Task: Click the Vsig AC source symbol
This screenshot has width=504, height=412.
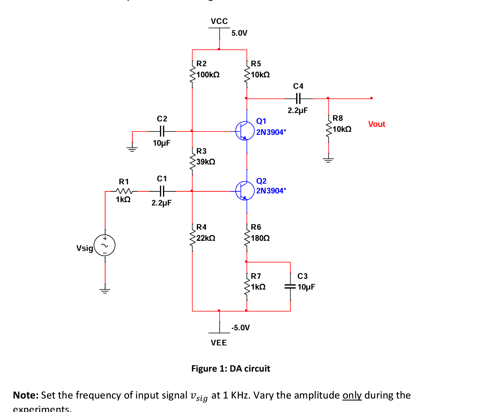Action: [x=105, y=246]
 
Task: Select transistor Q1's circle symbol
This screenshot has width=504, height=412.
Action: [x=245, y=131]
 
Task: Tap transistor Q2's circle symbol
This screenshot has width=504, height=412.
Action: [x=245, y=191]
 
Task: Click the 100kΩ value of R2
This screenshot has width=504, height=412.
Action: [x=208, y=75]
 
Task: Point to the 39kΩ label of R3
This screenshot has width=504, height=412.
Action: [x=206, y=162]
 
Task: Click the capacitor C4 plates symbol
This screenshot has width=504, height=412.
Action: [x=298, y=99]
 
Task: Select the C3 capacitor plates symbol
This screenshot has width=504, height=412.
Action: [x=290, y=287]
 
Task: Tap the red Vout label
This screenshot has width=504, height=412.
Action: [x=376, y=124]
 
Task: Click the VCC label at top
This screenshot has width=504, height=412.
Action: [x=219, y=21]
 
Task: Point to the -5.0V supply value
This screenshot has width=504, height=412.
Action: [x=241, y=328]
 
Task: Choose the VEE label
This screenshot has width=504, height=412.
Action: [x=219, y=343]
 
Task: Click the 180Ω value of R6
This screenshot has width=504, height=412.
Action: [x=260, y=238]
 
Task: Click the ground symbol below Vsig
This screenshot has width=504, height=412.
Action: [x=105, y=290]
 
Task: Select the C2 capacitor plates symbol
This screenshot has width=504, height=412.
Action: [x=162, y=131]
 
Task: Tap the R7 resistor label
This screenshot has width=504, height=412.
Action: [x=256, y=276]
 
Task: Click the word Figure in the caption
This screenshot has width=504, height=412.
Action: [x=204, y=369]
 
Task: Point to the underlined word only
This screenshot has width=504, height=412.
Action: [x=352, y=395]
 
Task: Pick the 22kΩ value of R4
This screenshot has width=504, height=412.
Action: [x=206, y=238]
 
